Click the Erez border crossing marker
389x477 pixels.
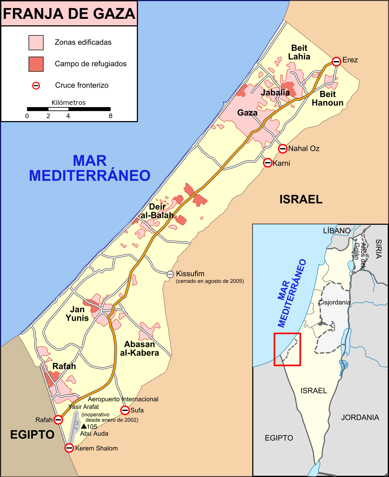[336, 61]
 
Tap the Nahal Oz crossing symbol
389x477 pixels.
[283, 149]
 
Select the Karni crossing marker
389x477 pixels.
[267, 163]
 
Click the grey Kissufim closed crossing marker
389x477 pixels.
[171, 274]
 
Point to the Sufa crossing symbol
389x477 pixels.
[125, 410]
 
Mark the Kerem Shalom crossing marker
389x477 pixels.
[69, 448]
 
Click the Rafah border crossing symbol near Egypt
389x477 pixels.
[58, 420]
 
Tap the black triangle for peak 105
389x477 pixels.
[84, 426]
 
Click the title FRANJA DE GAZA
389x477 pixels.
[69, 14]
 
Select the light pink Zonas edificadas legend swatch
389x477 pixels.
[36, 43]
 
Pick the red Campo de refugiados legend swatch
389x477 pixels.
[36, 64]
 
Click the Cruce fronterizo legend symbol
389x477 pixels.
[36, 85]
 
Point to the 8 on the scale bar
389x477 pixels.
[111, 116]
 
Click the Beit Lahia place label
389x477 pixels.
[299, 52]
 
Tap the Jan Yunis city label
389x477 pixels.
[77, 314]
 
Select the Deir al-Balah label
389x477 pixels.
[157, 211]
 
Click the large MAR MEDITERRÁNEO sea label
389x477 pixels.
[90, 168]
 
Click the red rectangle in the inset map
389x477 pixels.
[287, 349]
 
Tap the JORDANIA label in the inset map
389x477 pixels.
[360, 417]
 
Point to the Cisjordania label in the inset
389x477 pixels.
[334, 302]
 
